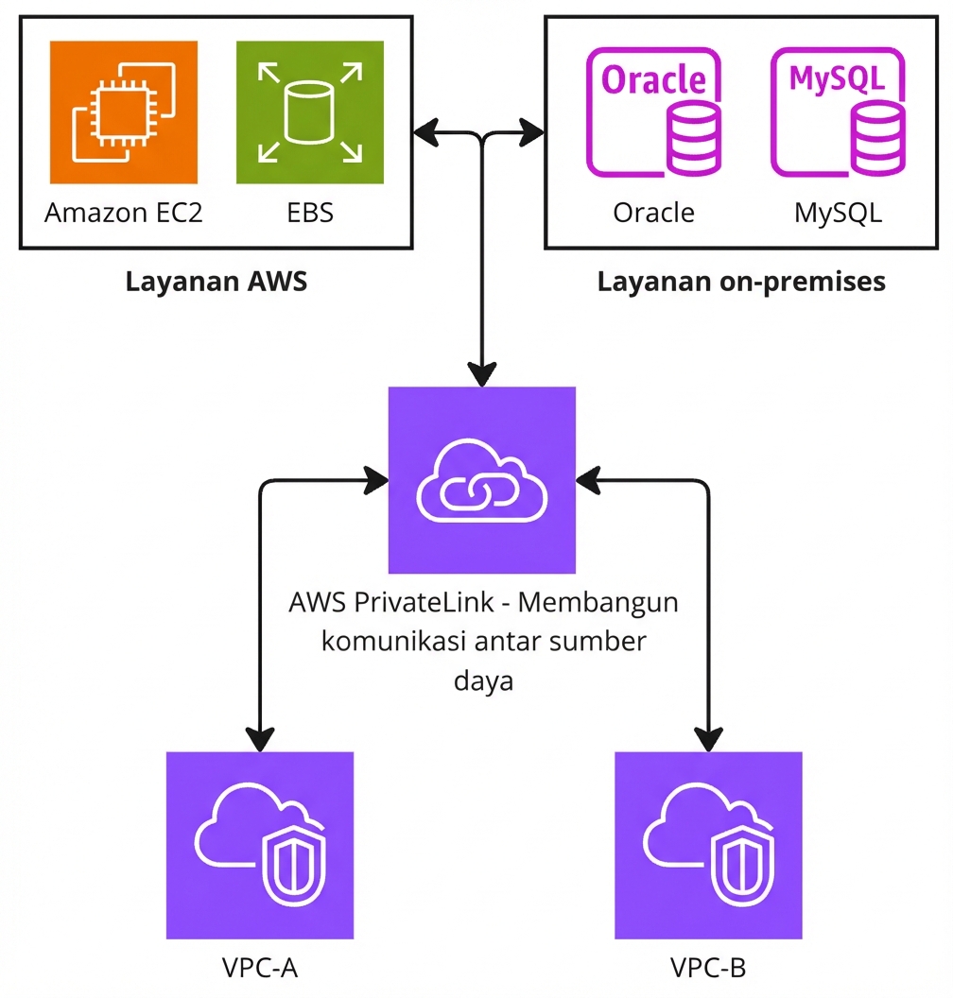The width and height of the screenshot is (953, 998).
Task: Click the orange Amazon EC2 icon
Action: (124, 112)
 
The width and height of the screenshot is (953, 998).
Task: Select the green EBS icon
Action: (310, 112)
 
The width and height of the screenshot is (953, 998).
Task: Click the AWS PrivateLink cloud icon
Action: (482, 480)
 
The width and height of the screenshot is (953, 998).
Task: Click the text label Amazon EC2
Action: (124, 213)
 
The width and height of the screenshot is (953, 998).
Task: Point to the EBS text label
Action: (310, 213)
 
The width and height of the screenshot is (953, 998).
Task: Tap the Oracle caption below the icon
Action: (653, 213)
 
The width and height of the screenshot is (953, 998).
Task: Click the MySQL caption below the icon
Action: (838, 213)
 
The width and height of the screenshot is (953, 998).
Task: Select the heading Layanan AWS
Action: (217, 282)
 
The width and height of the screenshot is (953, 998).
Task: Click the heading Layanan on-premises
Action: (741, 282)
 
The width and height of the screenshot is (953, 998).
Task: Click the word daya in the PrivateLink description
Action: (483, 680)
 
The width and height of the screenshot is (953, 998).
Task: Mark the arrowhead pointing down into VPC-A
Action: (260, 737)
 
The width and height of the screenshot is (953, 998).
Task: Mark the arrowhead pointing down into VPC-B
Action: (708, 737)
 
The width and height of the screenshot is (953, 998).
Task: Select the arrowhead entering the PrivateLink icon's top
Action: (483, 372)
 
